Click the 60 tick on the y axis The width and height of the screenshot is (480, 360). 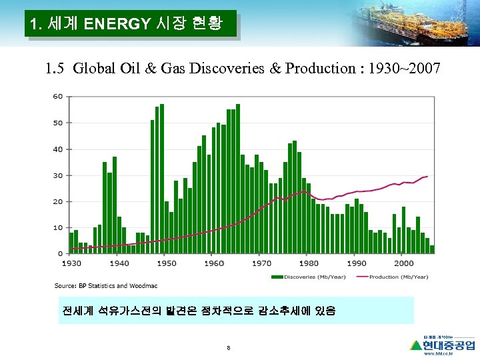[57, 97]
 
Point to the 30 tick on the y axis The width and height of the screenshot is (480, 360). [57, 175]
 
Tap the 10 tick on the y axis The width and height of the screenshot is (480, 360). [59, 228]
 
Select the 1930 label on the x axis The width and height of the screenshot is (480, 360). [72, 263]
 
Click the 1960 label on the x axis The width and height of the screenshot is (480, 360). [214, 263]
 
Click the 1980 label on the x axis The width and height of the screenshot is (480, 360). [308, 263]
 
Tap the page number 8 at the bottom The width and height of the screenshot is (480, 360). [229, 348]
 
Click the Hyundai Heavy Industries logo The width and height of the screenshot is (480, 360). [443, 345]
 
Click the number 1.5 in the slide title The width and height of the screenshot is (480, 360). [56, 68]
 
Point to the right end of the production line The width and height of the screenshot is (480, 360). [427, 177]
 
